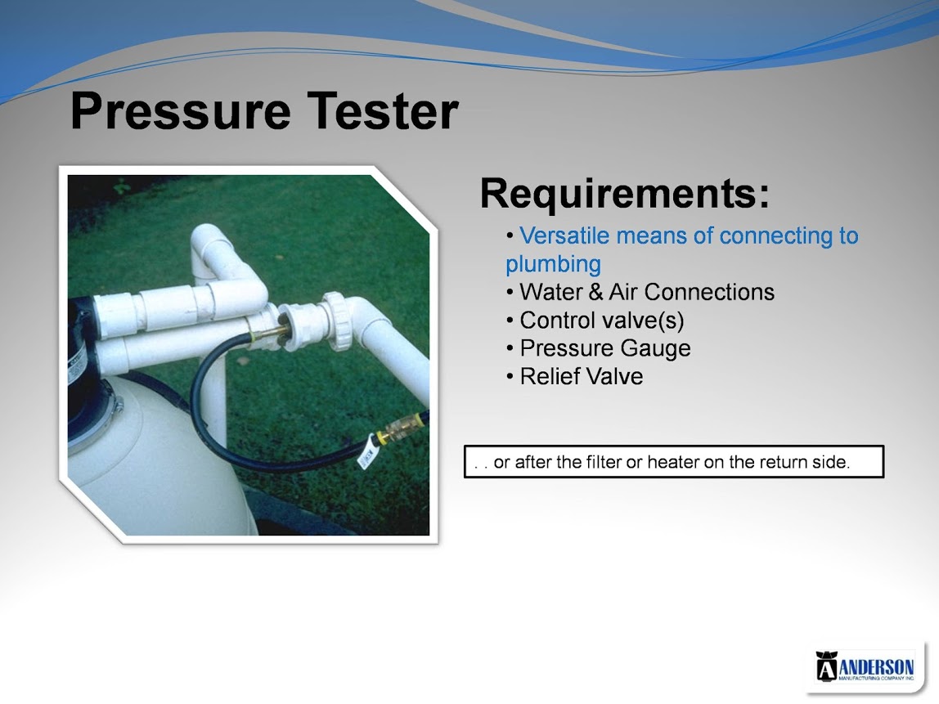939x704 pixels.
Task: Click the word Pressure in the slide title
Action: click(180, 110)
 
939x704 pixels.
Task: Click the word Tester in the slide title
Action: click(384, 110)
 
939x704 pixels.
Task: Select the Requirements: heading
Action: click(625, 193)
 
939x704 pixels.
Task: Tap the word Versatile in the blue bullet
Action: click(564, 235)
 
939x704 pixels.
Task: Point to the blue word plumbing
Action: click(553, 264)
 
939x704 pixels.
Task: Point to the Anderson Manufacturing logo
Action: click(865, 666)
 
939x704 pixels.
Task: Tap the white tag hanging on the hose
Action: click(366, 454)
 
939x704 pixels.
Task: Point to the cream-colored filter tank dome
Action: click(155, 461)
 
